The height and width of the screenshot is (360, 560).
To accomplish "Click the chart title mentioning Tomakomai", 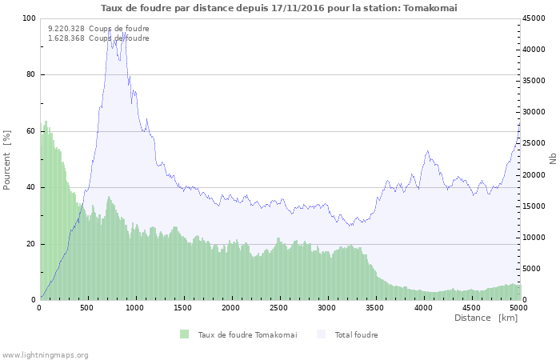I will [x=279, y=8].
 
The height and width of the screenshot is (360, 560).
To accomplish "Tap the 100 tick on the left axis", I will [x=29, y=18].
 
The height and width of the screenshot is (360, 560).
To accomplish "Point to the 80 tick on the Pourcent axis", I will [x=31, y=75].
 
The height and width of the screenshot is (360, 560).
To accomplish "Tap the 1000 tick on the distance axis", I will [x=135, y=308].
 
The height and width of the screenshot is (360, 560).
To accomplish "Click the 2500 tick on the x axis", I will [x=279, y=308].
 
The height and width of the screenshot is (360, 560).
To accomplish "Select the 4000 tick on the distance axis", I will [x=422, y=308].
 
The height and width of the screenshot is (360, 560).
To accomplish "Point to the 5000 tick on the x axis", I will [x=518, y=308].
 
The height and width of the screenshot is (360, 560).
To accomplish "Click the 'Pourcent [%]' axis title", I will [x=7, y=159].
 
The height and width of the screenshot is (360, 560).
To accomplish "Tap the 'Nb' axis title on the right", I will [x=553, y=159].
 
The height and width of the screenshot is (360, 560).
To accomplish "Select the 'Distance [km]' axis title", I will [x=486, y=318].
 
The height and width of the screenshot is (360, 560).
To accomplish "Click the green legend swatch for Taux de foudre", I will [x=185, y=334].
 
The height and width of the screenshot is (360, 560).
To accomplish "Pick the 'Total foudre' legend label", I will [x=356, y=335].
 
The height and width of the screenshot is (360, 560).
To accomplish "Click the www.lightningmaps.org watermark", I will [x=45, y=355].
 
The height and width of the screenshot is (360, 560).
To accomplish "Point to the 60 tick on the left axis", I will [x=31, y=131].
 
